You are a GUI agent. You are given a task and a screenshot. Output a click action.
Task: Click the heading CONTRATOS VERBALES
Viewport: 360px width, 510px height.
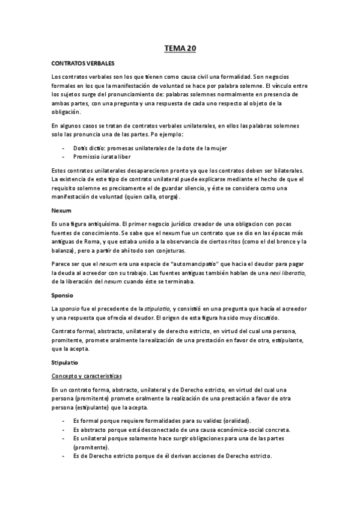[x=83, y=63]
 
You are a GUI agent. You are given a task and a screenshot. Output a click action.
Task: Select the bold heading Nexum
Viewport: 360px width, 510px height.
[x=62, y=210]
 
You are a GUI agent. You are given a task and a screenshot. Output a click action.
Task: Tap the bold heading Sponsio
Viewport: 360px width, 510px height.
[x=63, y=295]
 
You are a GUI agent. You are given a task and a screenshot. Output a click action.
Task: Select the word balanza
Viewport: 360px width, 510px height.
[x=64, y=250]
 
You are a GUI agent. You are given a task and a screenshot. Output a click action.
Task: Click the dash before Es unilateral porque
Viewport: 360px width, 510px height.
[x=64, y=438]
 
